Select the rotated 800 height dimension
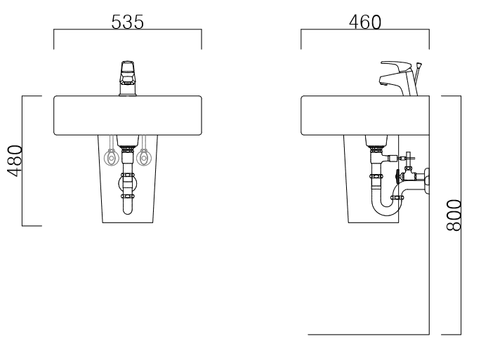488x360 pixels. coord(454,215)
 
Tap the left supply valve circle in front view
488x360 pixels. coord(111,159)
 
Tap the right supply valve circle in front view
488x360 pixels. coord(145,159)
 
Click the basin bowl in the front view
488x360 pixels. coord(128,115)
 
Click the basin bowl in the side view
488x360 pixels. coord(364,115)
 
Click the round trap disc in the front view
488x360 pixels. coord(128,187)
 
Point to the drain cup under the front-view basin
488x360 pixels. coord(128,140)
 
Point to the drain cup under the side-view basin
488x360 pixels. coord(375,140)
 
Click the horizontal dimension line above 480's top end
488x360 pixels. coord(32,96)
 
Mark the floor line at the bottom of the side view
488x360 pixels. coord(369,334)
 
